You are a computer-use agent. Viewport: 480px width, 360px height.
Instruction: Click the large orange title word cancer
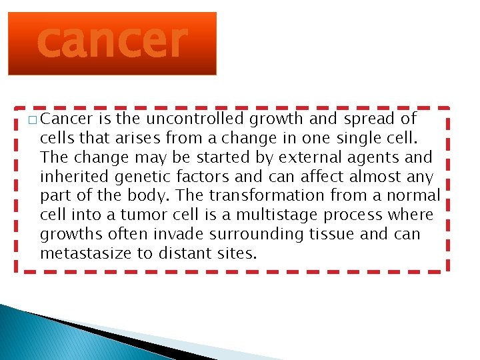[x=112, y=41]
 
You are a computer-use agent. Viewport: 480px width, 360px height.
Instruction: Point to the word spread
[x=370, y=119]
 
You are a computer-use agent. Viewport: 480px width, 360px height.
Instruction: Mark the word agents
[x=374, y=158]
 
